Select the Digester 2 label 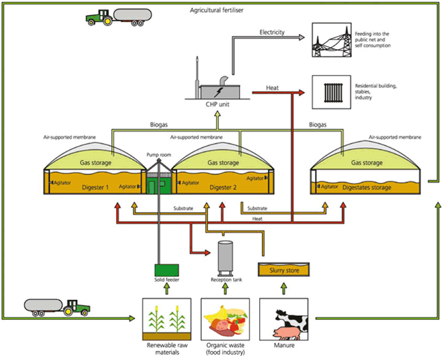click(x=222, y=185)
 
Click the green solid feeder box click(x=166, y=271)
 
